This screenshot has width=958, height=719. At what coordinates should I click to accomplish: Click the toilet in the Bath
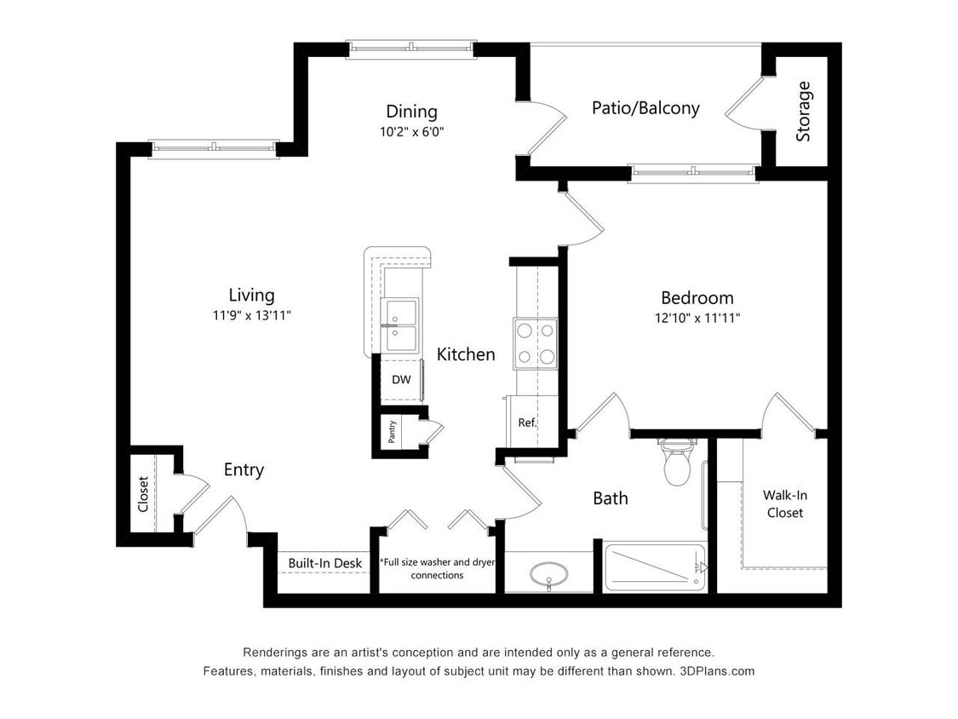[x=677, y=463]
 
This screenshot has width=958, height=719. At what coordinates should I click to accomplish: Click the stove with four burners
[x=535, y=343]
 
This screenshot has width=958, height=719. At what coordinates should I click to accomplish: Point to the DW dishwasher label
[x=401, y=380]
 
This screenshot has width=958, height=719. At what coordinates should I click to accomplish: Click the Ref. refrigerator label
[x=527, y=422]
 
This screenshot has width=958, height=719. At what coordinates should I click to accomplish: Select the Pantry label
[x=392, y=433]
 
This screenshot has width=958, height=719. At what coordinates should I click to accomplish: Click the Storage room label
[x=803, y=111]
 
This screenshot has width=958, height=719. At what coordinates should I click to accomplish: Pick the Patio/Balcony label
[x=645, y=108]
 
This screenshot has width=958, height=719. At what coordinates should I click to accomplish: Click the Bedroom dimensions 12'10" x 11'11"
[x=697, y=319]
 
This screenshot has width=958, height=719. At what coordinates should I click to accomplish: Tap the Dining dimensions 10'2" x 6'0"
[x=411, y=132]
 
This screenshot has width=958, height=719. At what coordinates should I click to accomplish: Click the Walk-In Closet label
[x=783, y=503]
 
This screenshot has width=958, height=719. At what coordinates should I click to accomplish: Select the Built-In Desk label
[x=324, y=563]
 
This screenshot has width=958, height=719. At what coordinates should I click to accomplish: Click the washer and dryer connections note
[x=437, y=568]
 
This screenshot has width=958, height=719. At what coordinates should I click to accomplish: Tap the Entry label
[x=244, y=469]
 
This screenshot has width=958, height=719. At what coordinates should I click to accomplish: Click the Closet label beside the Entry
[x=143, y=495]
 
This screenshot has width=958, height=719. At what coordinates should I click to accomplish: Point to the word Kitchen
[x=466, y=354]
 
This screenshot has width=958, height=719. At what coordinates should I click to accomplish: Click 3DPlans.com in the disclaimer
[x=717, y=671]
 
